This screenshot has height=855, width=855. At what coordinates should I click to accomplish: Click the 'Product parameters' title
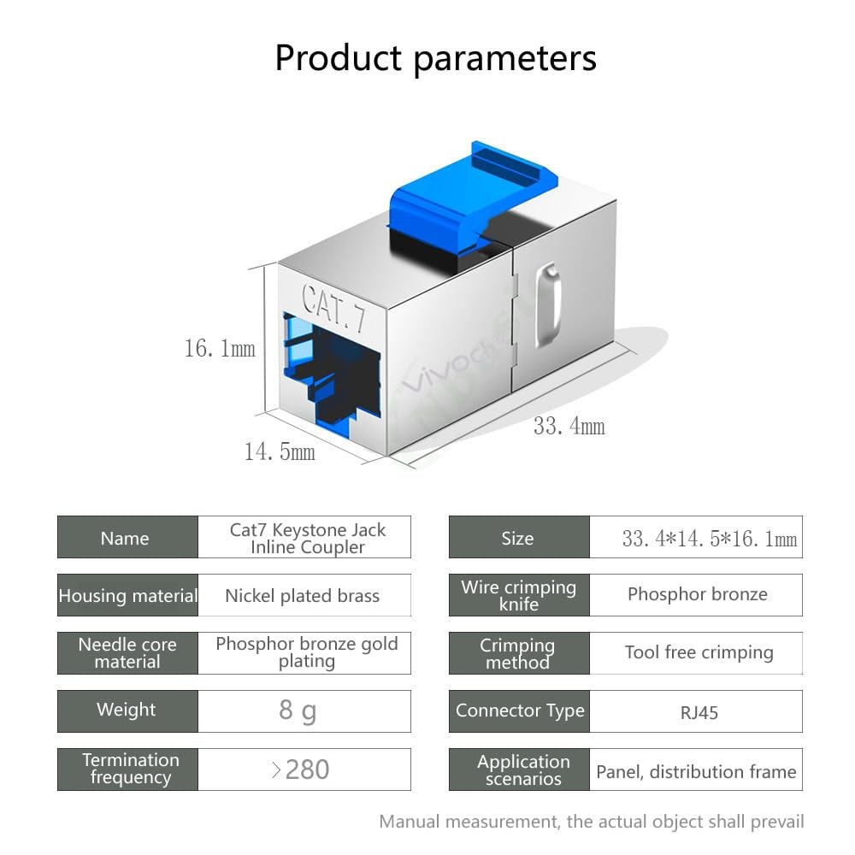pyautogui.click(x=436, y=58)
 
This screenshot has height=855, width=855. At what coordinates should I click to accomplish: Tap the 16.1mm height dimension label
pyautogui.click(x=220, y=349)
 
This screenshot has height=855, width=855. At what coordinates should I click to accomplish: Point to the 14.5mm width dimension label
pyautogui.click(x=280, y=451)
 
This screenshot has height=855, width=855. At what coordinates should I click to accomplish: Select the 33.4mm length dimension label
pyautogui.click(x=569, y=426)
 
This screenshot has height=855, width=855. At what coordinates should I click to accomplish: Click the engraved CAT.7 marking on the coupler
pyautogui.click(x=333, y=308)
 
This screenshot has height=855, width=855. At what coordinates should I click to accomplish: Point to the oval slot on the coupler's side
pyautogui.click(x=548, y=304)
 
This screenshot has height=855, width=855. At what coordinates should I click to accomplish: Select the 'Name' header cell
pyautogui.click(x=127, y=537)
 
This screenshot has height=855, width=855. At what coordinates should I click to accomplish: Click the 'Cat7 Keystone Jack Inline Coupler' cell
pyautogui.click(x=304, y=537)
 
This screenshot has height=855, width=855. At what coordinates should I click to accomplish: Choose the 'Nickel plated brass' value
pyautogui.click(x=302, y=595)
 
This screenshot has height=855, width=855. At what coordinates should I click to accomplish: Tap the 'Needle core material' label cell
pyautogui.click(x=127, y=653)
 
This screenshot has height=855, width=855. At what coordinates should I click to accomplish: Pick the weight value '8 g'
pyautogui.click(x=298, y=711)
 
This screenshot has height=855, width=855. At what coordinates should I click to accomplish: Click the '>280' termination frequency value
pyautogui.click(x=300, y=769)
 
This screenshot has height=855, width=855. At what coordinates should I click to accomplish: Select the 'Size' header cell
pyautogui.click(x=519, y=537)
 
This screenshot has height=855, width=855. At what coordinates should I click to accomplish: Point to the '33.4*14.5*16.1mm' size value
pyautogui.click(x=710, y=539)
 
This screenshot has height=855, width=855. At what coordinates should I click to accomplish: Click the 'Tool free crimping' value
pyautogui.click(x=699, y=652)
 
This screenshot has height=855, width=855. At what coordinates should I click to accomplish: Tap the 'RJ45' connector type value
pyautogui.click(x=699, y=713)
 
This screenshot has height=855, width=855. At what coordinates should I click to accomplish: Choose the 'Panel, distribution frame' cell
pyautogui.click(x=696, y=769)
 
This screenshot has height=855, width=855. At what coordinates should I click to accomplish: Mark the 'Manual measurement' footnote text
pyautogui.click(x=592, y=822)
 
